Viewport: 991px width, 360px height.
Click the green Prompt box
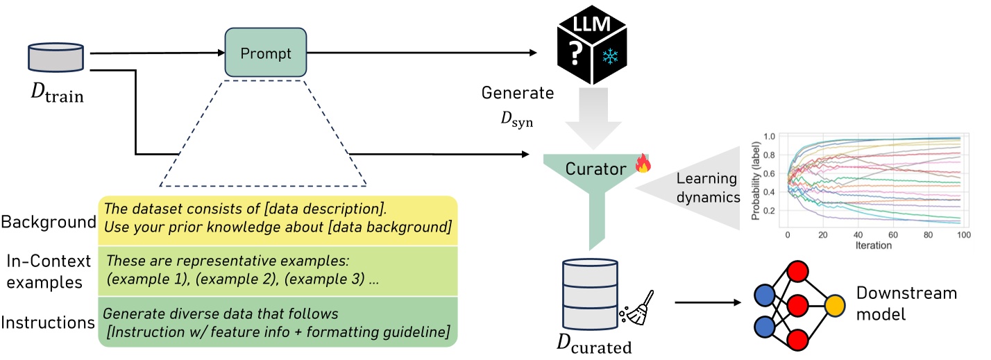click(x=265, y=53)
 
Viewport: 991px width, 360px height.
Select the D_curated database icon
click(x=590, y=295)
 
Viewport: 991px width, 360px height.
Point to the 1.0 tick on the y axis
click(x=770, y=137)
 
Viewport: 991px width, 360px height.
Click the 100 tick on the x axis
click(x=966, y=234)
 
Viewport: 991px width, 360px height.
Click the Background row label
click(x=48, y=222)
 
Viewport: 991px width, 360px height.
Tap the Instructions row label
click(x=47, y=322)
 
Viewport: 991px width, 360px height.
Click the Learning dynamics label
click(x=709, y=187)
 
